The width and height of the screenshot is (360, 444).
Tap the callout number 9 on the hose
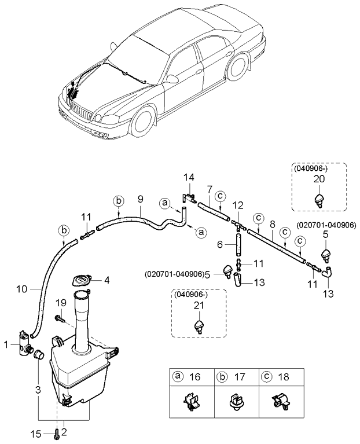coord(140,200)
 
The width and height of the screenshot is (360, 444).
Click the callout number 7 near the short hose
coord(210,189)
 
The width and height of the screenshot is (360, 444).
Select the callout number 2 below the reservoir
coord(64,431)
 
